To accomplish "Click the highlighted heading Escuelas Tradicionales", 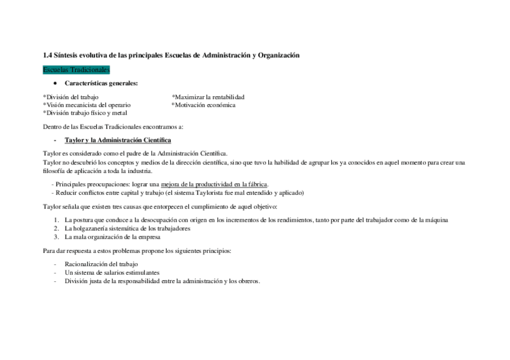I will coord(76,70).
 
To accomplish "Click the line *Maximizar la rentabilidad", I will coord(208,97).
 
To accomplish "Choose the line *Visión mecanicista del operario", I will coord(87,105).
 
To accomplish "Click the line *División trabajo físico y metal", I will coord(85,112).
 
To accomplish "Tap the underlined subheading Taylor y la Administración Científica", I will coord(117,140).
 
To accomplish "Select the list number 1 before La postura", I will coord(56,220).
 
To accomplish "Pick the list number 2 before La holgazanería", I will coord(56,228).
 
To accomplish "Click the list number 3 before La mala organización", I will coord(56,236).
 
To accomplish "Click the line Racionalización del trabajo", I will coord(101,264).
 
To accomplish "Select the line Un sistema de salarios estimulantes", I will coord(112,272).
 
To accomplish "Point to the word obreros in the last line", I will coord(248,281).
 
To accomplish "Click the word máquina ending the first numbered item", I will coord(437,220).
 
